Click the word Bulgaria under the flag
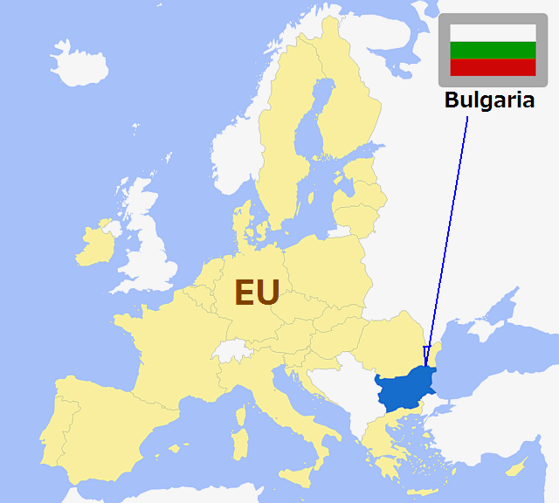click(x=489, y=100)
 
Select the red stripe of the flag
click(x=492, y=67)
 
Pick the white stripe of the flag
click(x=492, y=34)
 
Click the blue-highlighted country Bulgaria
click(x=406, y=389)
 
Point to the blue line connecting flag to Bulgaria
click(x=447, y=236)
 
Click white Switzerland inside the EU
click(x=230, y=352)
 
